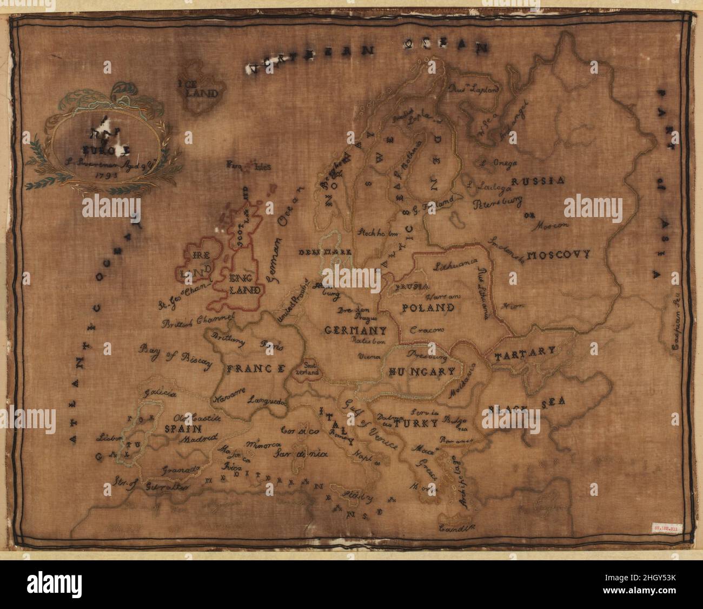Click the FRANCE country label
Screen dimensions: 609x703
click(x=255, y=369)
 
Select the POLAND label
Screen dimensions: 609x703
click(x=427, y=308)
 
